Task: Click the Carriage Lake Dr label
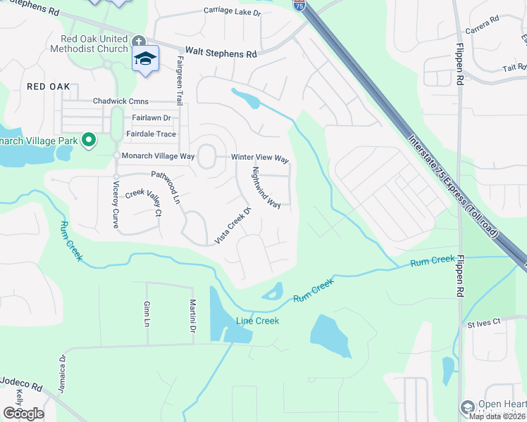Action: pos(232,11)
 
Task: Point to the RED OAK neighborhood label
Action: pos(49,87)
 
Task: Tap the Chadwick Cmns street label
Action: pos(120,101)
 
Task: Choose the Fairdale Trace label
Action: pos(151,134)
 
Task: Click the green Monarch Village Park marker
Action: pos(88,141)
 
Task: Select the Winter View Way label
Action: pos(260,158)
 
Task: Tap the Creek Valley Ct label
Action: pos(144,203)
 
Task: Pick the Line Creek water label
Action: pos(257,321)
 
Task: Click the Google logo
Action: pos(23,414)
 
